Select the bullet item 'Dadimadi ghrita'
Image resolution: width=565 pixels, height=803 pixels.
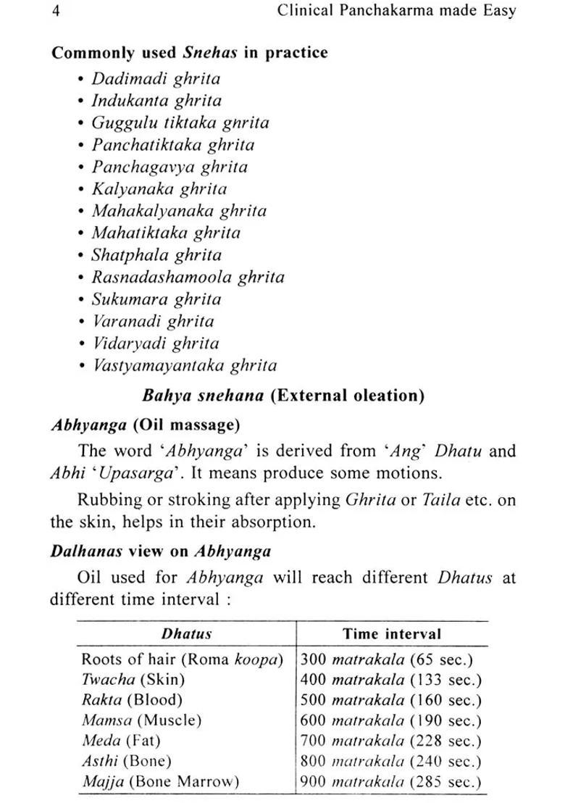(x=155, y=78)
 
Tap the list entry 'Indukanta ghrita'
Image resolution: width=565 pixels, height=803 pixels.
(x=156, y=101)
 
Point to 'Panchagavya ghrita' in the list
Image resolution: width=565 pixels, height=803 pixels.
(x=169, y=167)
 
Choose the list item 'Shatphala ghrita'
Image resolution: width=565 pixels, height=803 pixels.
(x=156, y=255)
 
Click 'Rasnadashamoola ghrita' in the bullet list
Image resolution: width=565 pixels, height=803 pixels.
(x=188, y=277)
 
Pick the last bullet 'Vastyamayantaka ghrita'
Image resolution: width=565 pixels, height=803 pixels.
(x=184, y=365)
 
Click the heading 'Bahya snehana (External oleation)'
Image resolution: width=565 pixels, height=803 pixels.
(x=283, y=396)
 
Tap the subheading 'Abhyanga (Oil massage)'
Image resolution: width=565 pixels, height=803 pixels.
(x=145, y=425)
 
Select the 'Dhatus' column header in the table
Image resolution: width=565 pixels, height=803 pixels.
(x=186, y=633)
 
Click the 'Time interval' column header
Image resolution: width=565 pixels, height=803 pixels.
(x=391, y=633)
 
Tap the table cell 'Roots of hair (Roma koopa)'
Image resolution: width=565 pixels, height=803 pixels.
(x=182, y=660)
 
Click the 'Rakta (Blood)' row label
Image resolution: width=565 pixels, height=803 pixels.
(x=132, y=700)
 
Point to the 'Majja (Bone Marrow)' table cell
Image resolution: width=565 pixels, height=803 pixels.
(x=159, y=782)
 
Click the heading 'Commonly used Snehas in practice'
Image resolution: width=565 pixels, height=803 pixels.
(x=189, y=52)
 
